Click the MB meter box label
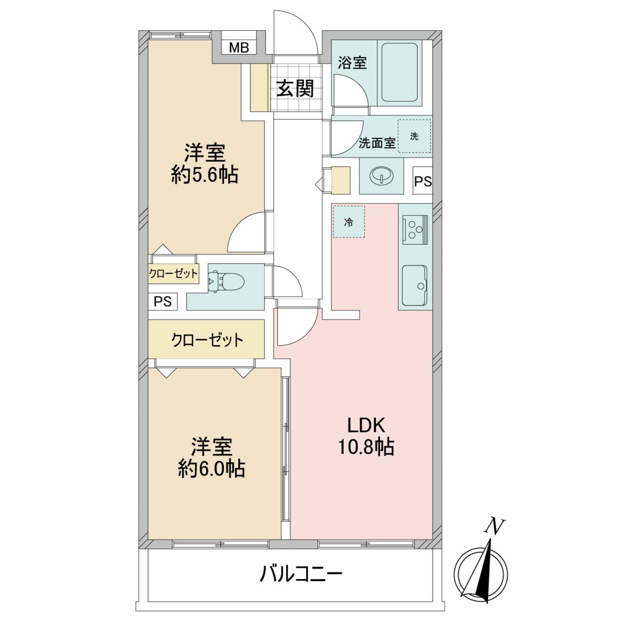pyautogui.click(x=239, y=48)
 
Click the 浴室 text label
pyautogui.click(x=352, y=63)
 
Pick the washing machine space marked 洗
pyautogui.click(x=414, y=136)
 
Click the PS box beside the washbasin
pyautogui.click(x=423, y=181)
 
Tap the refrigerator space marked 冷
pyautogui.click(x=349, y=222)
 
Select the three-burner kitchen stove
pyautogui.click(x=415, y=230)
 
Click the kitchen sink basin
pyautogui.click(x=415, y=285)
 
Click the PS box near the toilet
pyautogui.click(x=162, y=301)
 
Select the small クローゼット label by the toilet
pyautogui.click(x=173, y=274)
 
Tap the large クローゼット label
pyautogui.click(x=207, y=340)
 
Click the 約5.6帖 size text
pyautogui.click(x=205, y=175)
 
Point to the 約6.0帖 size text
pyautogui.click(x=211, y=468)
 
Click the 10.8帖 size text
pyautogui.click(x=366, y=447)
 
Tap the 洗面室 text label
pyautogui.click(x=377, y=143)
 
